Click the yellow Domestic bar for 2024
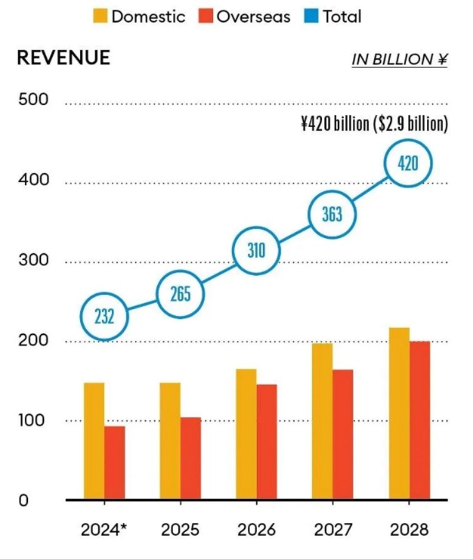[94, 441]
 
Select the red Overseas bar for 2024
[115, 463]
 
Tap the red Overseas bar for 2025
[190, 458]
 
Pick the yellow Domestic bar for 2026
[246, 434]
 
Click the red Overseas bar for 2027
[343, 434]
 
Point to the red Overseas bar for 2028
[420, 420]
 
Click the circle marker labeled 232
[104, 316]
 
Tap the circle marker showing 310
[256, 251]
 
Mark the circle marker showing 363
[332, 214]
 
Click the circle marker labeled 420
[409, 163]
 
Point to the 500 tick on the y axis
[33, 101]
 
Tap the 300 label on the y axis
[33, 261]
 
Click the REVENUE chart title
[64, 57]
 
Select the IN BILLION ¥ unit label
[399, 59]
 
